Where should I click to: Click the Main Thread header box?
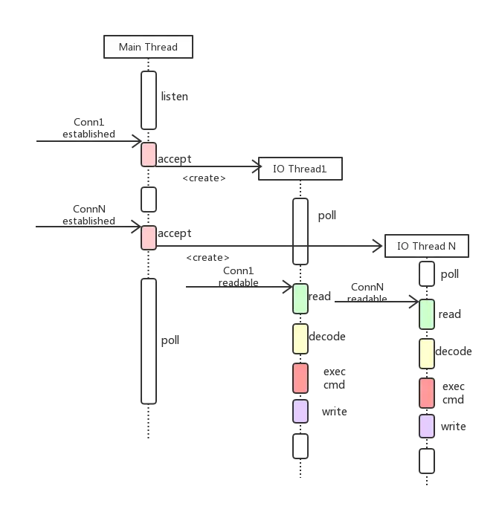148,47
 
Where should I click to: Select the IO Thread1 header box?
300,169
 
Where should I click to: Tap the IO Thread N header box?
427,246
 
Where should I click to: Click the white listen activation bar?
149,100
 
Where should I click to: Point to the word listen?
175,97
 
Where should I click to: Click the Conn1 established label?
88,128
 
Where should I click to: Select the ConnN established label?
88,215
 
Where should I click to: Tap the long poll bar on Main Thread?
149,341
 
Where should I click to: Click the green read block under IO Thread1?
300,299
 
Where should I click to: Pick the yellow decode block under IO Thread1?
300,339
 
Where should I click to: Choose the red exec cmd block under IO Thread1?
300,378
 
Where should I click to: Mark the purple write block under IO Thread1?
300,412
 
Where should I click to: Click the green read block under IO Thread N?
427,314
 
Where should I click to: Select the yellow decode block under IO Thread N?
427,354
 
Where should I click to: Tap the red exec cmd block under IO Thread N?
427,393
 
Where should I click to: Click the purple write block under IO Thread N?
427,427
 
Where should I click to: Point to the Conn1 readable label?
239,276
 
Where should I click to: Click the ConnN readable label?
367,293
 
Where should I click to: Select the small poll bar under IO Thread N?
427,274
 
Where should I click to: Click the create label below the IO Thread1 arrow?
204,178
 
